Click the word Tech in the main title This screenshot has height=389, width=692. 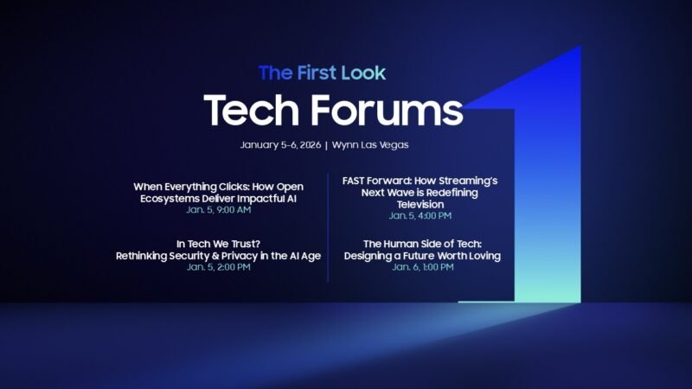252,111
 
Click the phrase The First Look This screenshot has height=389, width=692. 322,73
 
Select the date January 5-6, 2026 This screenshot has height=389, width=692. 279,144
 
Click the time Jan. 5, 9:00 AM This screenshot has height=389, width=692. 218,210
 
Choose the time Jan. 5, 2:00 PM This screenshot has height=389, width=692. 218,267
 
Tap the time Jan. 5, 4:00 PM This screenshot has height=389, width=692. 420,215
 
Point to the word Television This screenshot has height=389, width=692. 420,204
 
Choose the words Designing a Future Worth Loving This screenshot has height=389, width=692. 422,256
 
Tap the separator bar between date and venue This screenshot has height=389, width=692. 325,144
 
